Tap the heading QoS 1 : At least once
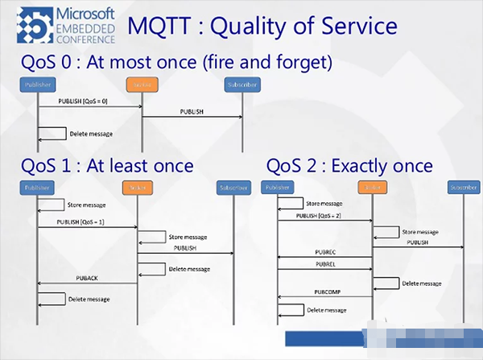pos(107,166)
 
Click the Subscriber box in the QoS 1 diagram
pos(233,188)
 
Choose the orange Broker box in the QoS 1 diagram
pos(137,188)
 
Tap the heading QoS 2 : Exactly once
pos(349,166)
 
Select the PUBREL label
pos(326,263)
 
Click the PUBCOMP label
pos(325,292)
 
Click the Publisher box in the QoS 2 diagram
pos(277,188)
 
